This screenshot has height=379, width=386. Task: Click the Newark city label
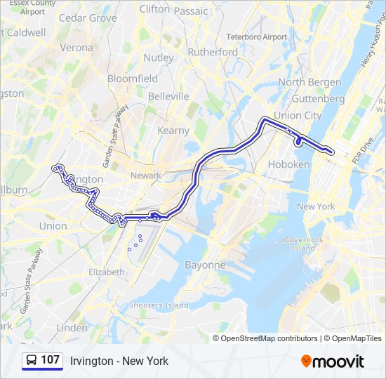145,175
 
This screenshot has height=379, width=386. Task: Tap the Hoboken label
288,164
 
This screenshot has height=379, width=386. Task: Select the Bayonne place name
205,265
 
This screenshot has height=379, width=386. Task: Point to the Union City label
298,115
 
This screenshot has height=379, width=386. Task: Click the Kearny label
173,131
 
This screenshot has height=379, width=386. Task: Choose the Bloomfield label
132,79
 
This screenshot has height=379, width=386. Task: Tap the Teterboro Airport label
256,36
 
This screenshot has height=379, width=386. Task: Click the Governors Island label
303,244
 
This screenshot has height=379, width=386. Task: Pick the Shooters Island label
158,305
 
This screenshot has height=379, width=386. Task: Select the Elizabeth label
107,272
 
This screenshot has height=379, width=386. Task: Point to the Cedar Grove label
88,18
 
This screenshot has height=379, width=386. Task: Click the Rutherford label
213,52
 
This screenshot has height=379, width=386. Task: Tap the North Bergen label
310,82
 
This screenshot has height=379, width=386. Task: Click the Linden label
72,328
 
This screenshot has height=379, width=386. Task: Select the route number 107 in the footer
50,360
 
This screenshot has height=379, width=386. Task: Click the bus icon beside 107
32,361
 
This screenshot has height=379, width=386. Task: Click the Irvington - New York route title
119,361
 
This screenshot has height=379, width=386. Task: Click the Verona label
76,48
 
